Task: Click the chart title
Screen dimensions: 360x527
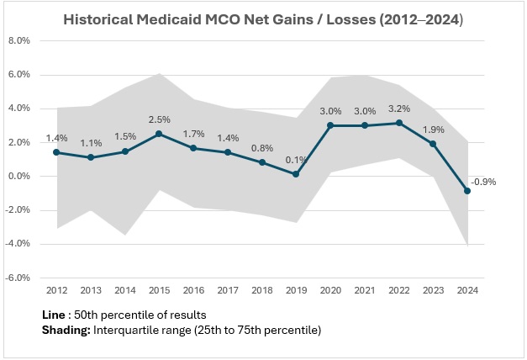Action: coord(263,19)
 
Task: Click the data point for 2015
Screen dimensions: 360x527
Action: coord(159,134)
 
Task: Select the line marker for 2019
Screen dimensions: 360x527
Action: coord(297,174)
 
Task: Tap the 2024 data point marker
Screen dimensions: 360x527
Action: coord(468,191)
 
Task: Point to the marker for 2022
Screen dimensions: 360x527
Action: coord(399,123)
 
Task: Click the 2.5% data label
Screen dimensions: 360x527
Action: coord(159,119)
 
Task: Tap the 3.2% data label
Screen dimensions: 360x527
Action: coord(399,108)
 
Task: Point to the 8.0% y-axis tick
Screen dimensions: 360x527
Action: coord(18,41)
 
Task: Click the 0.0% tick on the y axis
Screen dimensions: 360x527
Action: coord(18,176)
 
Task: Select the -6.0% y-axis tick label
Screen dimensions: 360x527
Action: coord(18,278)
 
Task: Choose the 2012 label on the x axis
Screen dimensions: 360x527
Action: coord(56,291)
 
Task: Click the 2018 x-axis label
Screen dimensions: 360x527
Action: coord(262,291)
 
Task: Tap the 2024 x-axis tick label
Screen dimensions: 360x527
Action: coord(468,291)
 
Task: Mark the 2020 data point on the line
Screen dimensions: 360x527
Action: coord(331,125)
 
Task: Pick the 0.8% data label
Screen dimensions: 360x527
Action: coord(262,147)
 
